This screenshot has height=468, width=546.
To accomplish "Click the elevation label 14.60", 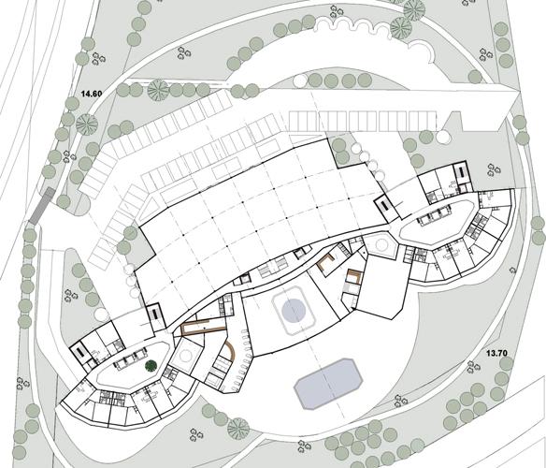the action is pos(91,94).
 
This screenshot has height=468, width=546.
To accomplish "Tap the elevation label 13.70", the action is pos(496,353).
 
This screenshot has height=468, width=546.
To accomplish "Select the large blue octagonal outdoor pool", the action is pos(328,384).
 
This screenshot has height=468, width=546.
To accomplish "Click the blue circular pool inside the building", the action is pos(294,310).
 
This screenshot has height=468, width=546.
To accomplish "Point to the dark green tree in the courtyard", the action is pos(151,366).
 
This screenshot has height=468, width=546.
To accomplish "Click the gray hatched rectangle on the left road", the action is pos(42,206).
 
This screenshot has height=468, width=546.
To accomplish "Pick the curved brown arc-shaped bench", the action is pos(231,352).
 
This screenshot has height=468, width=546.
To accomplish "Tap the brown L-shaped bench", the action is pos(326,263).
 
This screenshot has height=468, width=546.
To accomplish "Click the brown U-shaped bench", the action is pos(352,276).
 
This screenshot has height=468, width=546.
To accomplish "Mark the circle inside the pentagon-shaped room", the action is pos(381,244).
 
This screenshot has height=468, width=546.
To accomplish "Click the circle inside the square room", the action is pos(186,357).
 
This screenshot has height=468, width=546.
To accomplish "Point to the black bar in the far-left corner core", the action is pos(79,351).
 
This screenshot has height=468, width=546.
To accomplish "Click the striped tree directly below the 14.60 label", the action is pos(87,124).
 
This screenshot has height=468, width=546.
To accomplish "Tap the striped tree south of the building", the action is pos(238,429).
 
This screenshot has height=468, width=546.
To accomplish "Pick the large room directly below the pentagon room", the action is pos(381,286).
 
